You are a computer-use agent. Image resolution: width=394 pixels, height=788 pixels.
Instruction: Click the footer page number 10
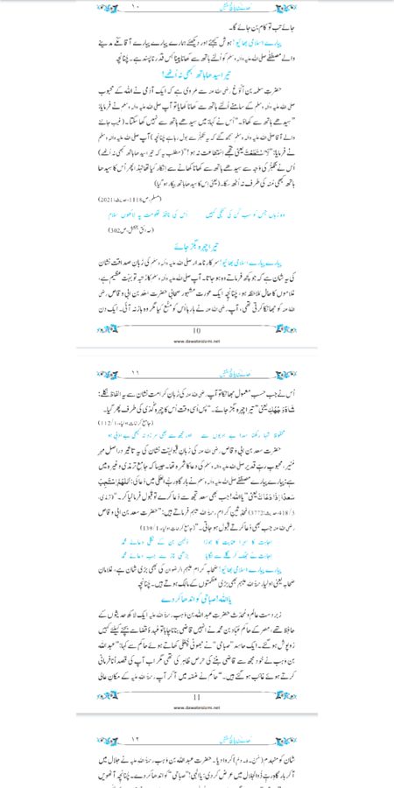click(197, 306)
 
